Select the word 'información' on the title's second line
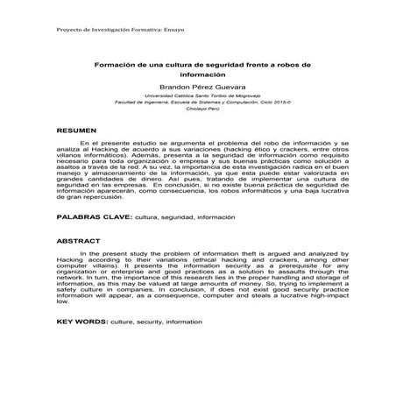pos(197,75)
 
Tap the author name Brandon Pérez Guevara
pos(197,88)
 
